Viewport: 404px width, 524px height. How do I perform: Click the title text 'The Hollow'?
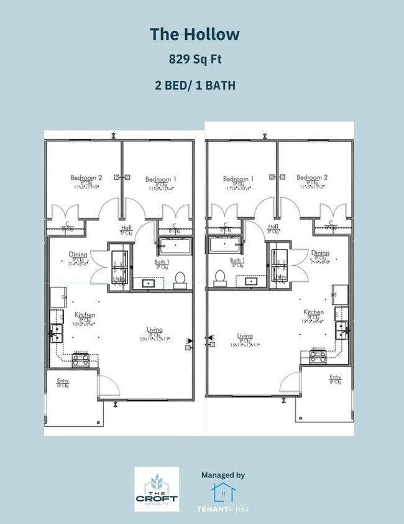click(x=194, y=34)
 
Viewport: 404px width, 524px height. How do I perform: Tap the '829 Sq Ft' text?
click(x=194, y=60)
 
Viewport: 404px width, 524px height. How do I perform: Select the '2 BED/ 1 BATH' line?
click(x=195, y=86)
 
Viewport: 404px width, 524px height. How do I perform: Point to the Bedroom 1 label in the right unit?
click(x=239, y=179)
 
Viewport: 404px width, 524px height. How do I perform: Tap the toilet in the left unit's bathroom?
click(x=180, y=279)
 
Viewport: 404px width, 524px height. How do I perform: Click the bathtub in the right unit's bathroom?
click(x=230, y=245)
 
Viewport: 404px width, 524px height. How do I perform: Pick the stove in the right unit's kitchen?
click(x=318, y=357)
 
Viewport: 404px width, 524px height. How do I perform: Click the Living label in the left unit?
click(x=155, y=330)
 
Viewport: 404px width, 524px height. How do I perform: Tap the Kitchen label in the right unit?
click(x=313, y=312)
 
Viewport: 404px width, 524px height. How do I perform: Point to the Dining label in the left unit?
click(x=78, y=254)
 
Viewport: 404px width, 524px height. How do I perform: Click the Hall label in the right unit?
click(x=272, y=227)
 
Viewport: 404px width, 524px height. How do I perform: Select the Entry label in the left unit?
click(x=63, y=381)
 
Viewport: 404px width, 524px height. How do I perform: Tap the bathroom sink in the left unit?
click(x=150, y=283)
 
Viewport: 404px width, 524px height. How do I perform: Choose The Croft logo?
click(x=157, y=489)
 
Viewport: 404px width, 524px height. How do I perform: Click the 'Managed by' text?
click(x=223, y=475)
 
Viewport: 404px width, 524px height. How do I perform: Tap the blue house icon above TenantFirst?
click(x=223, y=492)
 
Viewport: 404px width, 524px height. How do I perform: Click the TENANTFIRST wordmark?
click(x=223, y=510)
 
